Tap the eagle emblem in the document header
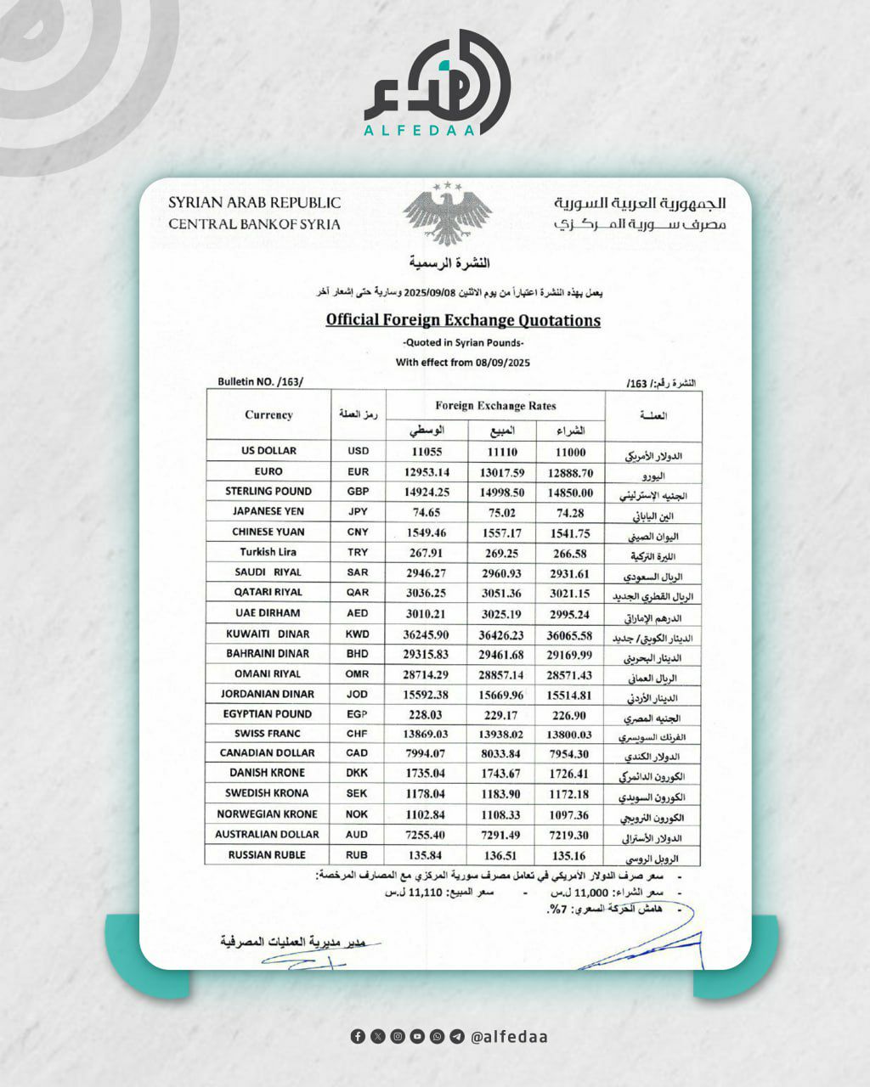[447, 212]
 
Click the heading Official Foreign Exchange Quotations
[463, 320]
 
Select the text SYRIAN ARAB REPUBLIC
[254, 203]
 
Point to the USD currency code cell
[359, 451]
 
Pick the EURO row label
[268, 471]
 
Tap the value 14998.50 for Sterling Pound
[501, 493]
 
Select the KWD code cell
[358, 634]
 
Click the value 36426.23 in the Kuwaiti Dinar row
[501, 635]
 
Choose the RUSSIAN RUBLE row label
[267, 855]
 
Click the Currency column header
[268, 415]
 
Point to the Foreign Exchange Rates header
[495, 406]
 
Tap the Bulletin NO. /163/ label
[260, 382]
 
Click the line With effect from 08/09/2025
[463, 362]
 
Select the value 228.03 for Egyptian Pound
[427, 715]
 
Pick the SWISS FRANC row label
[267, 734]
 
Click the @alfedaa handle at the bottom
[508, 1037]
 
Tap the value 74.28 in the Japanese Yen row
[570, 513]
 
